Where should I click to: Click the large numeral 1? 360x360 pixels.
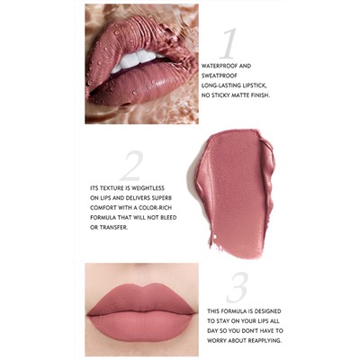point(229,44)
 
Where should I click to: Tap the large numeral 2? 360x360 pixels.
point(131,166)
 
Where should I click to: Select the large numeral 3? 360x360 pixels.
point(238,288)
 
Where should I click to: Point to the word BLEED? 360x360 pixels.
point(167,218)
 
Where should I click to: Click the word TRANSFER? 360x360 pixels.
point(113,228)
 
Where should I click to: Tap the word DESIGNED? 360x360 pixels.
point(267,311)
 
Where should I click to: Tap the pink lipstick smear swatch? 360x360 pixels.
point(233,193)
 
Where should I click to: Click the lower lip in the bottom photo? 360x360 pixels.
point(140,326)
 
